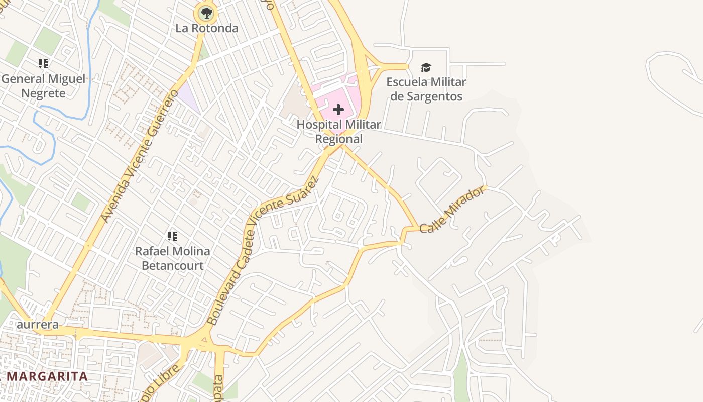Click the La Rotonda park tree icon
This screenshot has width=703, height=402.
click(206, 13)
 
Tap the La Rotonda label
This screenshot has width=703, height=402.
click(206, 28)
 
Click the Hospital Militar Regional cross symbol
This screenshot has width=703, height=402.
click(338, 109)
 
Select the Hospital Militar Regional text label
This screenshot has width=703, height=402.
click(339, 131)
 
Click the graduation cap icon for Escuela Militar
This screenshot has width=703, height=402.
click(426, 67)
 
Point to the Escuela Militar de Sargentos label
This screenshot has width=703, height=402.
click(426, 89)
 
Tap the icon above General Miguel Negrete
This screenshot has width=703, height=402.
click(43, 64)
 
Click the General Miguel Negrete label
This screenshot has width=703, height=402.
click(43, 86)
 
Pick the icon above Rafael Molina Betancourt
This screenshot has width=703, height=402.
click(172, 236)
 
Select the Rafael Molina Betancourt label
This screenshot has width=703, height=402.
click(172, 258)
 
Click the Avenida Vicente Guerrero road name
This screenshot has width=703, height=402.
click(139, 156)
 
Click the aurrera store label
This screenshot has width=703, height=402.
click(38, 325)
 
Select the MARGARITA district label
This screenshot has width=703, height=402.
click(47, 376)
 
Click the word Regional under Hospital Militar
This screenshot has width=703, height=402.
click(339, 139)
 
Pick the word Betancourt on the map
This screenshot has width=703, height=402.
click(172, 265)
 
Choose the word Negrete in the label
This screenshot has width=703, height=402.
click(43, 93)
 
